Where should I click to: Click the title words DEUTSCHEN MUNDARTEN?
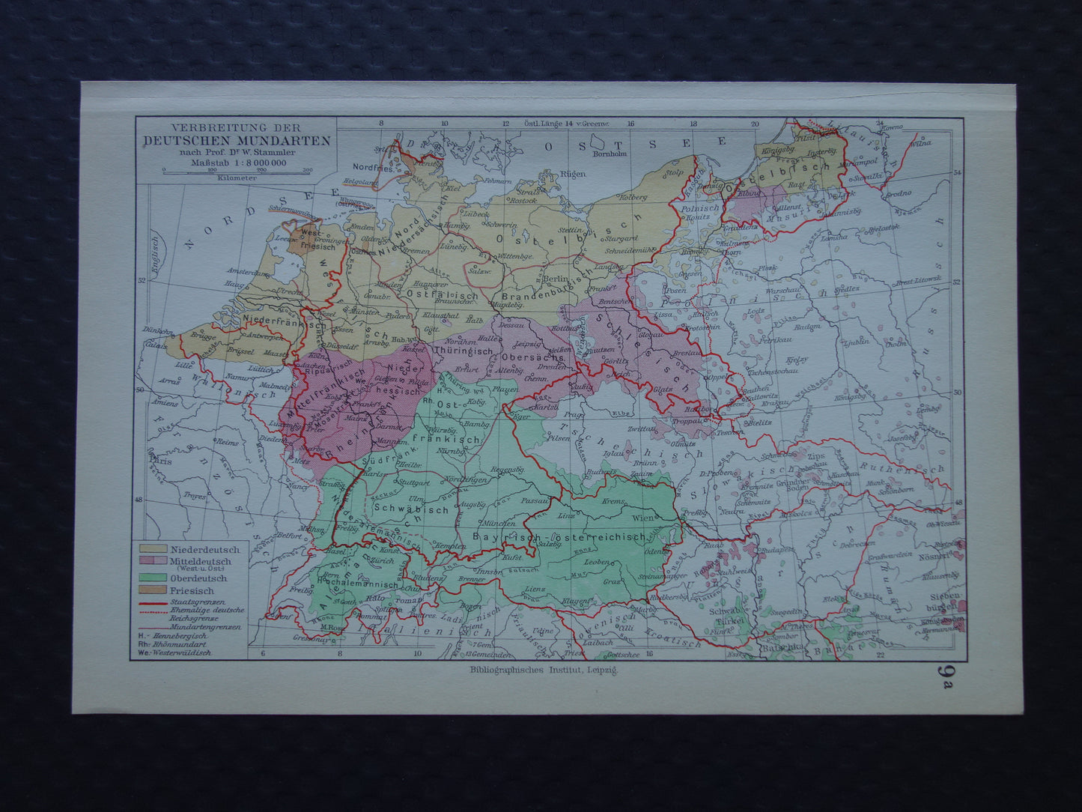pos(237,141)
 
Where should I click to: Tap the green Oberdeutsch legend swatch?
pos(152,578)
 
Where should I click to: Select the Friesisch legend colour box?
pos(152,591)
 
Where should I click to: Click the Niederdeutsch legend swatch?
pos(152,549)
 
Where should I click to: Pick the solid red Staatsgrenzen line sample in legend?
pos(152,601)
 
